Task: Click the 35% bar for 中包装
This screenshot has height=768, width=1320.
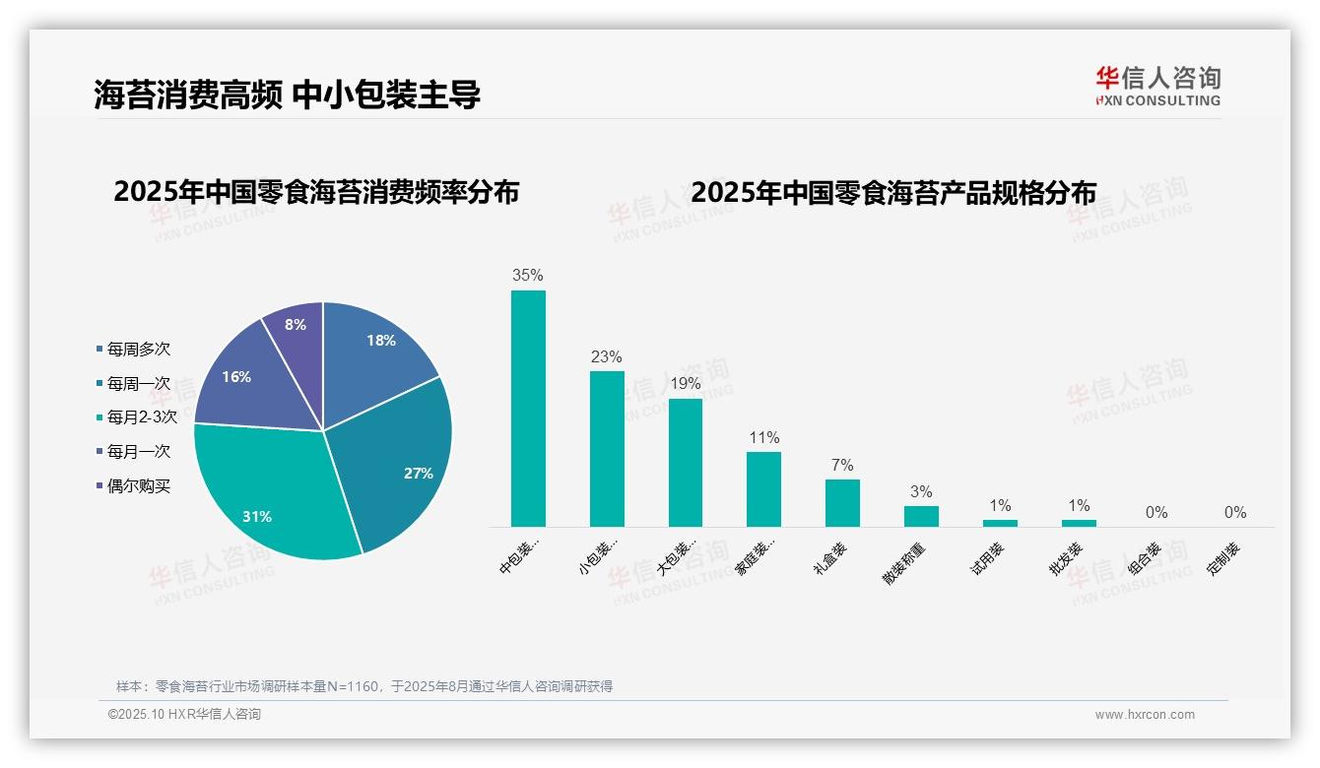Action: pyautogui.click(x=528, y=408)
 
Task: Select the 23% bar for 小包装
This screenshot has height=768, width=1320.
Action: pyautogui.click(x=607, y=448)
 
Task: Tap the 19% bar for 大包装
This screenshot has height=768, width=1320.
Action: pyautogui.click(x=686, y=462)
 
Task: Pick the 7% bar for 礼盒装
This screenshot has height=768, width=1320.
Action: pyautogui.click(x=842, y=502)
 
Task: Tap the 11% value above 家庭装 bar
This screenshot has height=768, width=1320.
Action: pyautogui.click(x=763, y=437)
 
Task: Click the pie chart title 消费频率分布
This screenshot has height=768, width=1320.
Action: pyautogui.click(x=316, y=192)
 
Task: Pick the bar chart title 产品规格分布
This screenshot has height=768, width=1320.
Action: pyautogui.click(x=892, y=192)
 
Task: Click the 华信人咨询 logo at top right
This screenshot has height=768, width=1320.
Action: pyautogui.click(x=1157, y=86)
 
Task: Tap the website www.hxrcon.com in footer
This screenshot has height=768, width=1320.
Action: pyautogui.click(x=1144, y=715)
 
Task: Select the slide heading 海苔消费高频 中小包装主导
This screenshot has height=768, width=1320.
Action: pyautogui.click(x=287, y=95)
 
